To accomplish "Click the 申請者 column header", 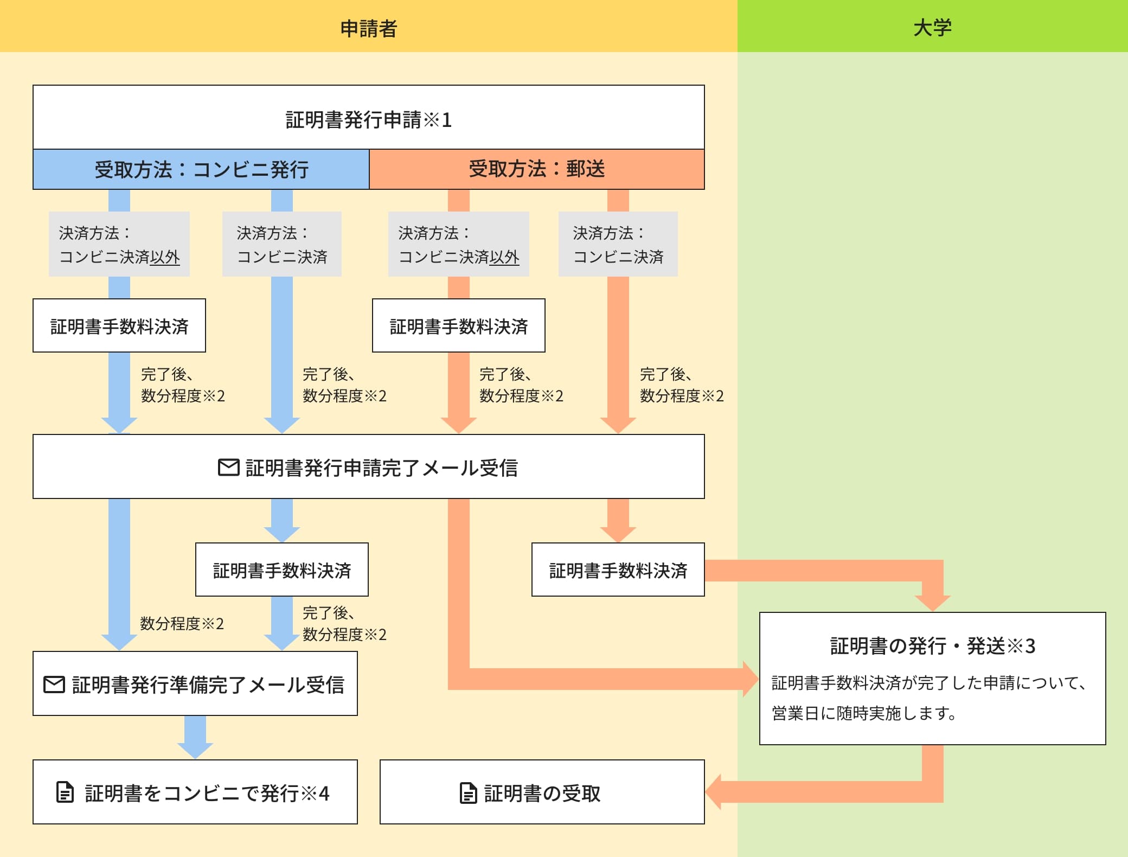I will pyautogui.click(x=368, y=28).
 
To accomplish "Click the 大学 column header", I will pyautogui.click(x=932, y=28).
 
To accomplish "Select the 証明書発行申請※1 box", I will pyautogui.click(x=368, y=119).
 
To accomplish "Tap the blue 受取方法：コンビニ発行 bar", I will pyautogui.click(x=201, y=169).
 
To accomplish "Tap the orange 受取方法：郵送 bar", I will pyautogui.click(x=536, y=169).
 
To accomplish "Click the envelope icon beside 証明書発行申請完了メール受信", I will pyautogui.click(x=228, y=468).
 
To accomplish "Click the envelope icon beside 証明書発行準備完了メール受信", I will pyautogui.click(x=54, y=685).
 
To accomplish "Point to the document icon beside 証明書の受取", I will pyautogui.click(x=468, y=793).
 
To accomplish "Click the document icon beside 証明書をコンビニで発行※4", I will pyautogui.click(x=65, y=792).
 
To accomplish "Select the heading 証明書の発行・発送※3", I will pyautogui.click(x=932, y=646).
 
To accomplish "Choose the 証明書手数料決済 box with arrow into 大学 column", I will pyautogui.click(x=618, y=570).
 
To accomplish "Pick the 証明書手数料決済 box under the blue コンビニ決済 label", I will pyautogui.click(x=281, y=570).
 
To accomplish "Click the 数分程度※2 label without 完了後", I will pyautogui.click(x=182, y=624).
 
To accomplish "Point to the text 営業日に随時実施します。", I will pyautogui.click(x=864, y=713).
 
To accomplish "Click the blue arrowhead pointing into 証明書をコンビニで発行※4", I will pyautogui.click(x=195, y=750).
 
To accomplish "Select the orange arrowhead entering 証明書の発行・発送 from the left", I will pyautogui.click(x=751, y=679).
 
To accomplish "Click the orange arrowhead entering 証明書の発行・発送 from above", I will pyautogui.click(x=932, y=603).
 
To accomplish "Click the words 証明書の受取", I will pyautogui.click(x=542, y=793).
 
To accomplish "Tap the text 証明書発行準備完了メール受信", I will pyautogui.click(x=208, y=685).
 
